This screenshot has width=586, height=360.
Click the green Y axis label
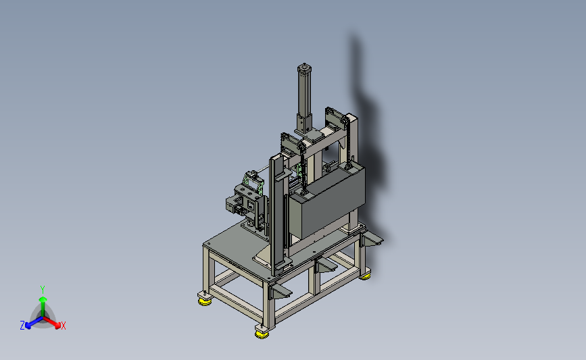pos(43,290)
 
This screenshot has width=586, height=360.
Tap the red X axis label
pos(63,326)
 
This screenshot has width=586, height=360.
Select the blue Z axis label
pos(22,326)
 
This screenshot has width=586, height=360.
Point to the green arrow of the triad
pos(43,306)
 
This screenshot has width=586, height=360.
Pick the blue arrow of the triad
pos(34,323)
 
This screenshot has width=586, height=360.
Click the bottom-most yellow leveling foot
pos(262,334)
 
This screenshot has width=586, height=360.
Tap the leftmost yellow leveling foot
pos(204,301)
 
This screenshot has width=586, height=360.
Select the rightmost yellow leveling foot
pos(366,276)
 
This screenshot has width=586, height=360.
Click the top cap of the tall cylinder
pos(305,68)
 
